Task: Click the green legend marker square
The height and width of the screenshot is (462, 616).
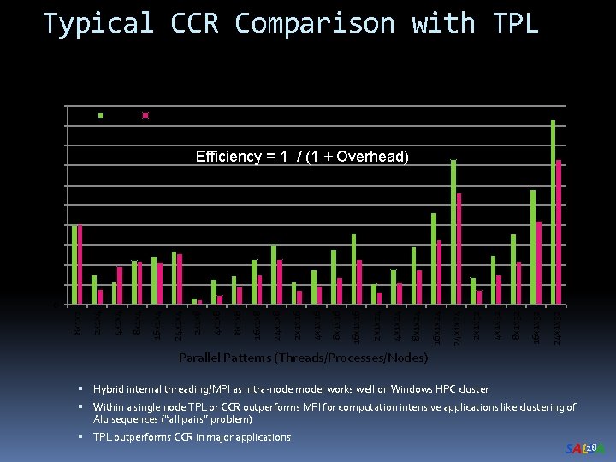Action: point(100,115)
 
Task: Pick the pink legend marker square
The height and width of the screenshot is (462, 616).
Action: point(145,115)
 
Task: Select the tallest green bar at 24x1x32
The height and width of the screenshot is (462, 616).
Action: point(553,211)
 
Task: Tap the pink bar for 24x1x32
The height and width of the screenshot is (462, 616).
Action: point(559,231)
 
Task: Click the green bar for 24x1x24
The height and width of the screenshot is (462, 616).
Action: point(453,231)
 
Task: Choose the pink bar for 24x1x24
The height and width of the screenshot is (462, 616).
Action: point(459,248)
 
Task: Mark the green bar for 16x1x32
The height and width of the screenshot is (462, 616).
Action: point(532,246)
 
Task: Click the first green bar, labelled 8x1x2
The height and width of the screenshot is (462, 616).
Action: point(74,264)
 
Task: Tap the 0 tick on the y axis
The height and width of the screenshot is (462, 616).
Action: point(54,305)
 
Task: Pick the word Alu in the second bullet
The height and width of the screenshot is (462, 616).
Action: point(104,419)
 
